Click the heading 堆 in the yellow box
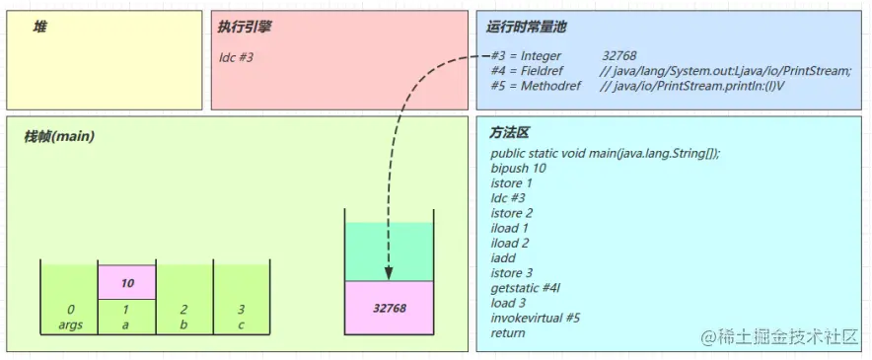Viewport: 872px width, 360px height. coord(40,27)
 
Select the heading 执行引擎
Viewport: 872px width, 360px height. coord(245,27)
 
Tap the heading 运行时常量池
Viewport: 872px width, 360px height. coord(527,27)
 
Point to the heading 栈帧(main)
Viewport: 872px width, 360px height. coord(59,135)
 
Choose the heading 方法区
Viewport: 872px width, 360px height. coord(510,132)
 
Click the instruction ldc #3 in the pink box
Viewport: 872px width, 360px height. coord(237,57)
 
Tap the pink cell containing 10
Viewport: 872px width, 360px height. coord(127,283)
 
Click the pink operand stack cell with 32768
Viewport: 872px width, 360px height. coord(390,307)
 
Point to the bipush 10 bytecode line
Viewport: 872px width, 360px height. coord(518,168)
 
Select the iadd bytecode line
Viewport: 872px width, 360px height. coord(504,258)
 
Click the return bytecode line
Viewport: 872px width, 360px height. coord(508,332)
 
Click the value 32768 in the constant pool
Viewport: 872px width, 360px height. coord(618,56)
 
